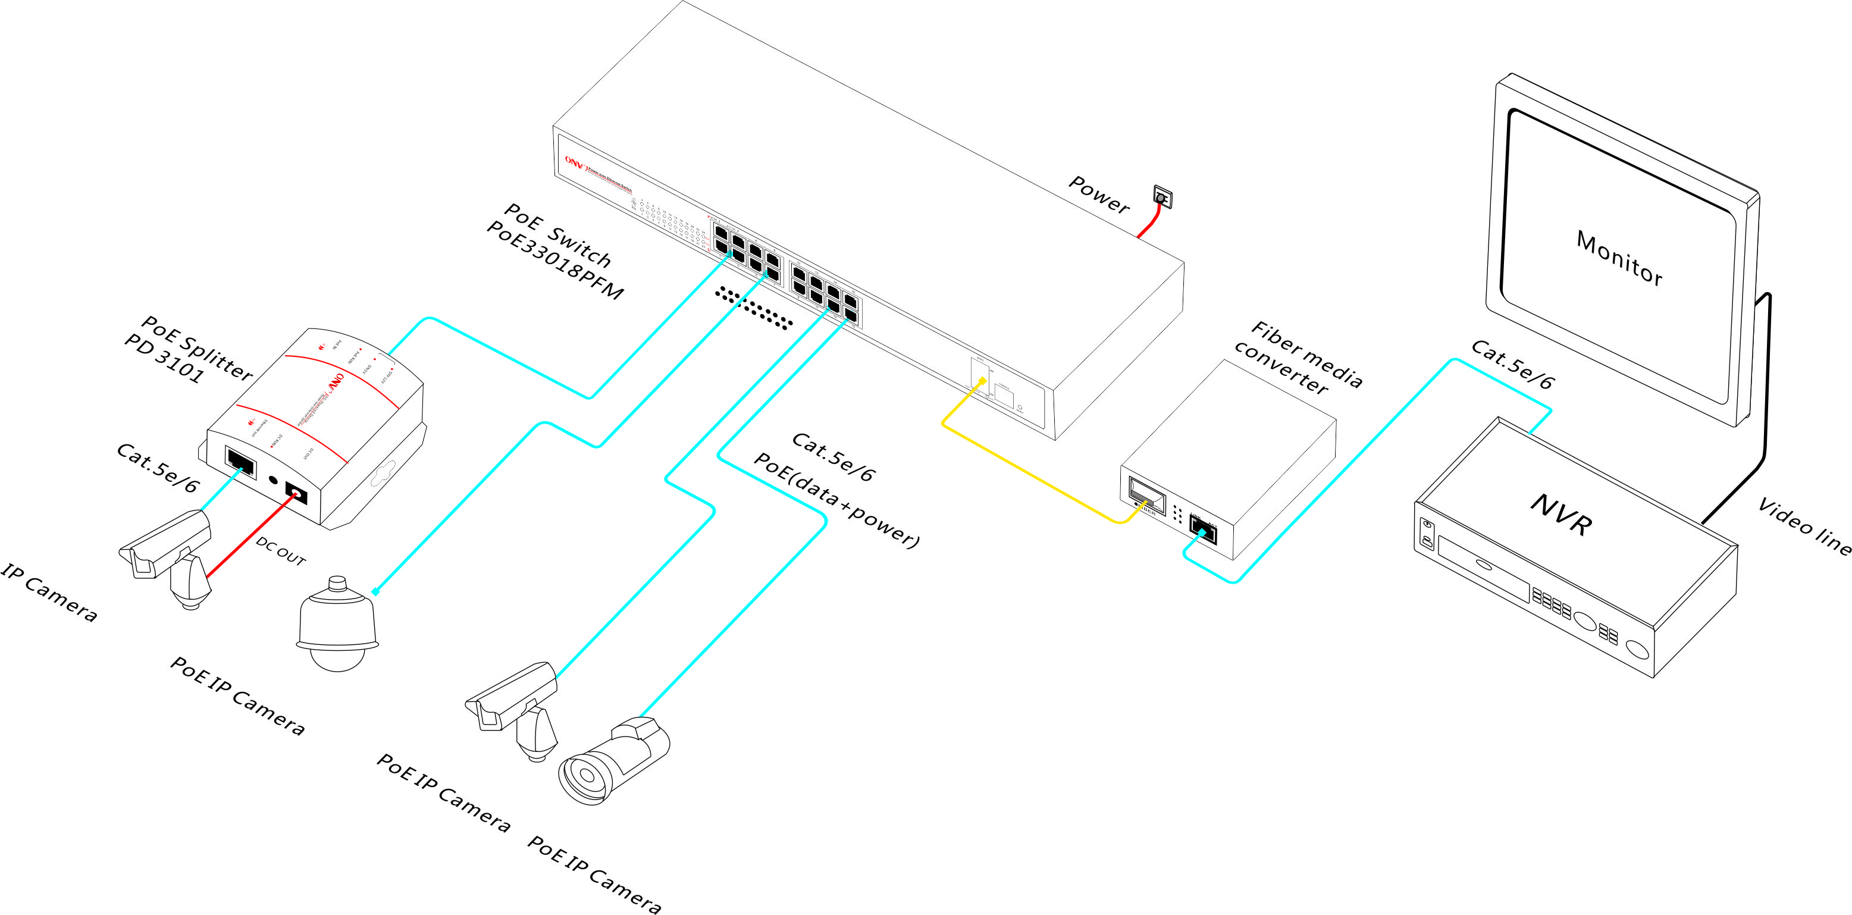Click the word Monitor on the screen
coord(1619,259)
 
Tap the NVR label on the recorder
coord(1560,515)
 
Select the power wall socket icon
coord(1162,196)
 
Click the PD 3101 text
coord(164,359)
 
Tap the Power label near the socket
coord(1099,195)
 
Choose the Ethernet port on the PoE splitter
coord(240,462)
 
